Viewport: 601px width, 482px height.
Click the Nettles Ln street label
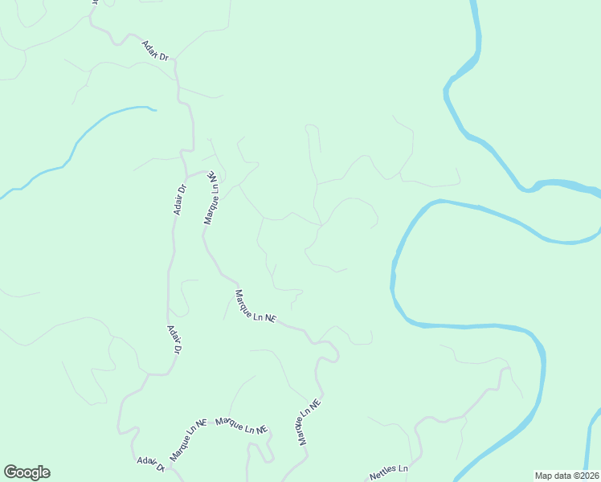click(389, 472)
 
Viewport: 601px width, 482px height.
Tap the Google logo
click(27, 472)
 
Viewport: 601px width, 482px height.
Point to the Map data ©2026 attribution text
click(566, 476)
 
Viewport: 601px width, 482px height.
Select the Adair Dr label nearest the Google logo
click(150, 463)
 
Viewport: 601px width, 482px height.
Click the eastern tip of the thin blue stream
click(154, 108)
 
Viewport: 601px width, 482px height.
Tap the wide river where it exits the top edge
click(475, 3)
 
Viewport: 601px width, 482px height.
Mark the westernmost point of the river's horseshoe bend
click(393, 277)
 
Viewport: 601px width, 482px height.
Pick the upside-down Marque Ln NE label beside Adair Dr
click(212, 197)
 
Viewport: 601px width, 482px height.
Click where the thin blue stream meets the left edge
click(2, 196)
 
